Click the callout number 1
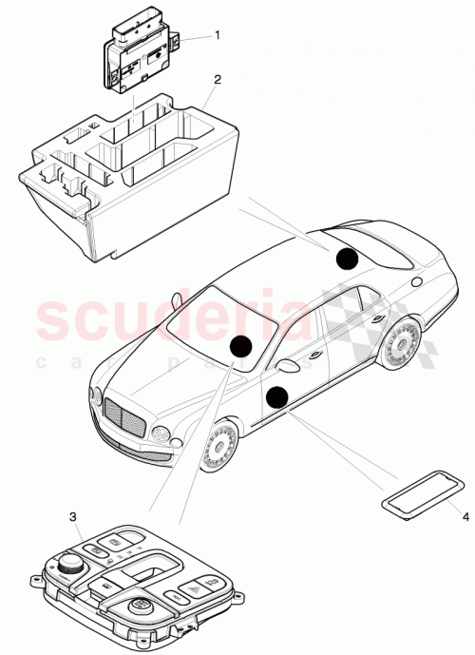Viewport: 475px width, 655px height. tap(217, 34)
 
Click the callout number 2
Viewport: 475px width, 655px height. tap(217, 80)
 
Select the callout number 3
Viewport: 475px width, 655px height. tap(74, 516)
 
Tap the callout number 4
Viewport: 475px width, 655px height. tap(465, 516)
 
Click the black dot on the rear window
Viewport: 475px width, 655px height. tap(349, 257)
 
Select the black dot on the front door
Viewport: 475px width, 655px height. tap(277, 397)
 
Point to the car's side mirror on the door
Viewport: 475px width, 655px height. tap(286, 365)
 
